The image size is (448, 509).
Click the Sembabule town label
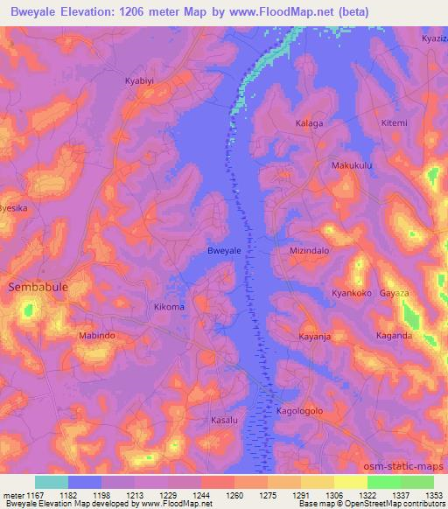[x=38, y=287]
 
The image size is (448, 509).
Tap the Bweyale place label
[x=223, y=251]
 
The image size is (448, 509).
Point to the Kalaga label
[x=309, y=123]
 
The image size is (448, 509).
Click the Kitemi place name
[x=394, y=123]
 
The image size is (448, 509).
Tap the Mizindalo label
[x=309, y=251]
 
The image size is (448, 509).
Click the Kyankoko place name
[x=352, y=294]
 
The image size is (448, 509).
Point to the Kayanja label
[x=313, y=336]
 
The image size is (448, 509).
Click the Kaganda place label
[x=394, y=336]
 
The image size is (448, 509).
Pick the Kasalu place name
[x=224, y=421]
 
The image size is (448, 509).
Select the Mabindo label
[x=97, y=336]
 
